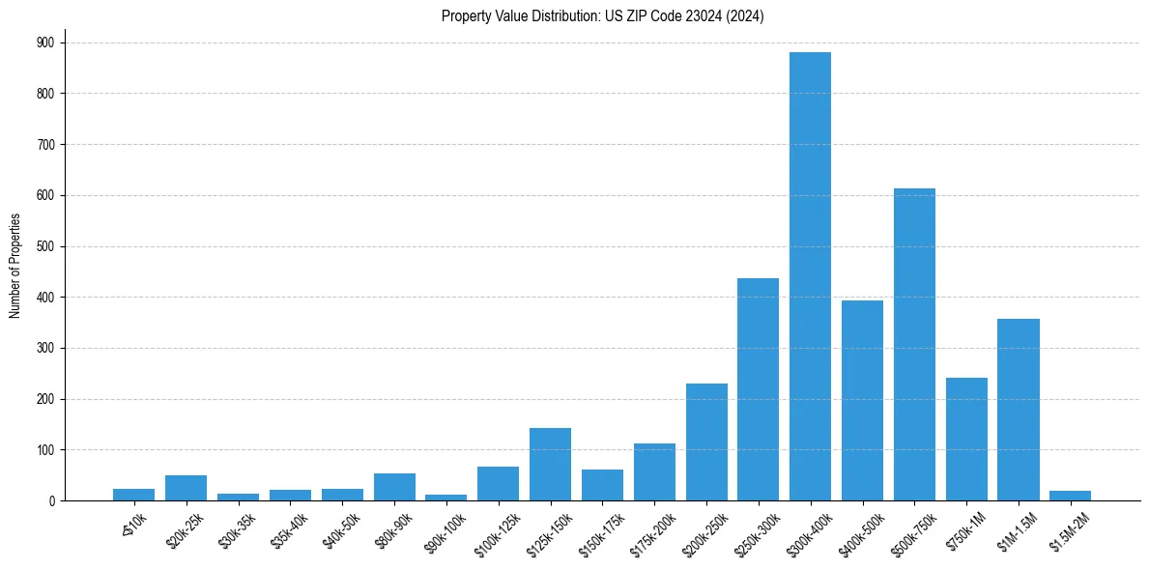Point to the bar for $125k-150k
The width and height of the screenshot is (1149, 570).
550,465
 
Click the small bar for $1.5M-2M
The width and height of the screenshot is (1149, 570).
1070,496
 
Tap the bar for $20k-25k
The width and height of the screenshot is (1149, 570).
186,488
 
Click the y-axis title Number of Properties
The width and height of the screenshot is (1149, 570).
15,265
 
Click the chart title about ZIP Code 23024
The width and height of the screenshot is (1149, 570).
602,16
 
